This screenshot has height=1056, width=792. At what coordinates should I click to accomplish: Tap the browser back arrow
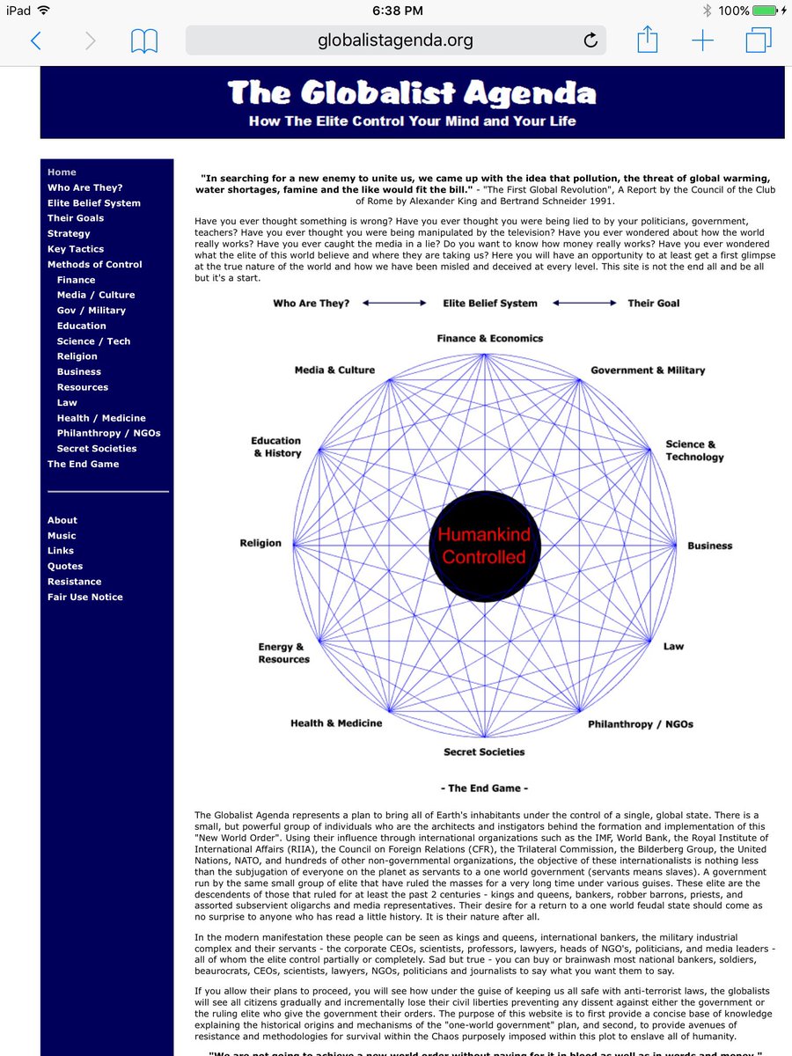pyautogui.click(x=36, y=40)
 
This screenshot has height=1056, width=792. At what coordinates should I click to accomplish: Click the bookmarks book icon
pyautogui.click(x=143, y=40)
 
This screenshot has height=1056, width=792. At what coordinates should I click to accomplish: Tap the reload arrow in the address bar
pyautogui.click(x=590, y=40)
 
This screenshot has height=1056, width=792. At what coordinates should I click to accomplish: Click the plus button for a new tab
pyautogui.click(x=702, y=40)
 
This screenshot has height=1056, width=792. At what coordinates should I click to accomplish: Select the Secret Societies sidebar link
pyautogui.click(x=97, y=449)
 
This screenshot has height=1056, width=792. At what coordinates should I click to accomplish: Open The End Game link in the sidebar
pyautogui.click(x=83, y=464)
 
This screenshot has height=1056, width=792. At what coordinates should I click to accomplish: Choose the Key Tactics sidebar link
pyautogui.click(x=76, y=249)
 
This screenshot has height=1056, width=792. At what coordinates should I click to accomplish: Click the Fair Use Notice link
pyautogui.click(x=85, y=597)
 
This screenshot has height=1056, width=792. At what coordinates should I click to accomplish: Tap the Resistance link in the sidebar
pyautogui.click(x=74, y=582)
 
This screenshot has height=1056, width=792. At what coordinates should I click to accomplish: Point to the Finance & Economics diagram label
pyautogui.click(x=490, y=338)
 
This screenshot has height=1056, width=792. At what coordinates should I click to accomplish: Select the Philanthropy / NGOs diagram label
pyautogui.click(x=641, y=724)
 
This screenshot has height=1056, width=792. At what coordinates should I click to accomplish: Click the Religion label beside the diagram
pyautogui.click(x=260, y=543)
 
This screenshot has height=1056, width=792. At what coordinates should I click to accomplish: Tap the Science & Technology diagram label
pyautogui.click(x=694, y=451)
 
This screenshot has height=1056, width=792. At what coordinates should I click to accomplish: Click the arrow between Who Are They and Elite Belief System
pyautogui.click(x=394, y=303)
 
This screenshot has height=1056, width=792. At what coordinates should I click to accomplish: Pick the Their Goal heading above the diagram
pyautogui.click(x=653, y=303)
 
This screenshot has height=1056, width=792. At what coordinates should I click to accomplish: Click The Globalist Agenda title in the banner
pyautogui.click(x=412, y=92)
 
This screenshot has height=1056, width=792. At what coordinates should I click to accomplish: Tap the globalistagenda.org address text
pyautogui.click(x=395, y=40)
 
